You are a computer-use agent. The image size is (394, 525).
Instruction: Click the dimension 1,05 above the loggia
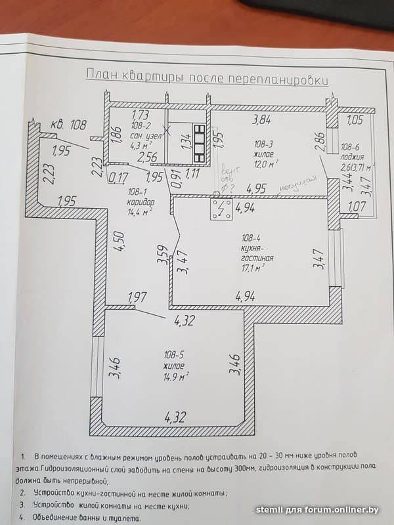[x=355, y=120]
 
